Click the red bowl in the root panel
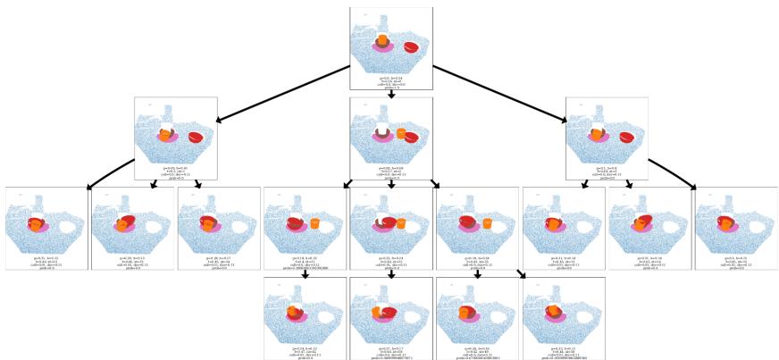[x=411, y=47]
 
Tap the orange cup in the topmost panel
[x=382, y=40]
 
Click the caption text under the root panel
[x=390, y=83]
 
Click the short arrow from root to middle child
[x=391, y=92]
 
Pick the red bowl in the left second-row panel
[x=195, y=137]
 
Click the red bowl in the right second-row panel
[x=627, y=137]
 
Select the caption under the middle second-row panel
[x=390, y=172]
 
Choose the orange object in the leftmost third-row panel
[x=36, y=226]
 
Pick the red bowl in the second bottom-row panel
[x=388, y=312]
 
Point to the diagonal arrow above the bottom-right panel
[x=520, y=272]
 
